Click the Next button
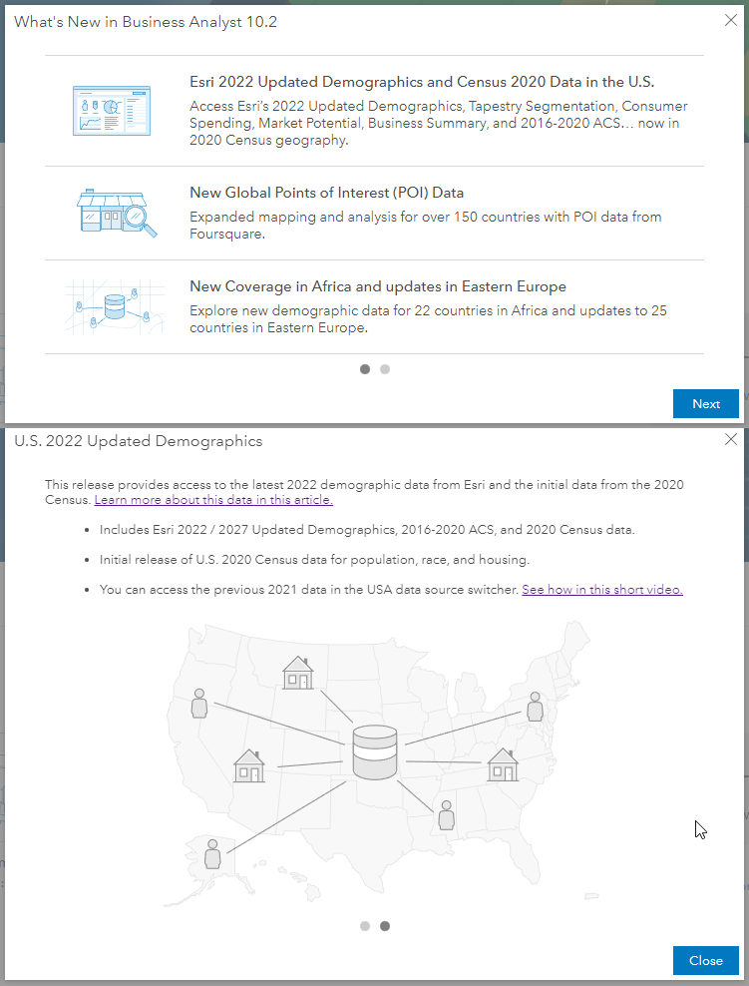click(705, 403)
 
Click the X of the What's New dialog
click(731, 20)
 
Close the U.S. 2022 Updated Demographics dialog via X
click(731, 439)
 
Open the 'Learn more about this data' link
click(213, 500)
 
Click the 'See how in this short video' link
click(601, 590)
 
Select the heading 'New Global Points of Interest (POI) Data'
click(326, 193)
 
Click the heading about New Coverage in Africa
click(377, 286)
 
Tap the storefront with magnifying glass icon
click(117, 212)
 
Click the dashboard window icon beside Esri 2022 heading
click(111, 110)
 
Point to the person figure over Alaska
click(211, 854)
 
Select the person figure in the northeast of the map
click(535, 707)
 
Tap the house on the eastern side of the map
click(502, 765)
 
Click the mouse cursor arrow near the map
click(700, 829)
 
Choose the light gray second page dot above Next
click(385, 369)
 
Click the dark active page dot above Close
click(385, 926)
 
